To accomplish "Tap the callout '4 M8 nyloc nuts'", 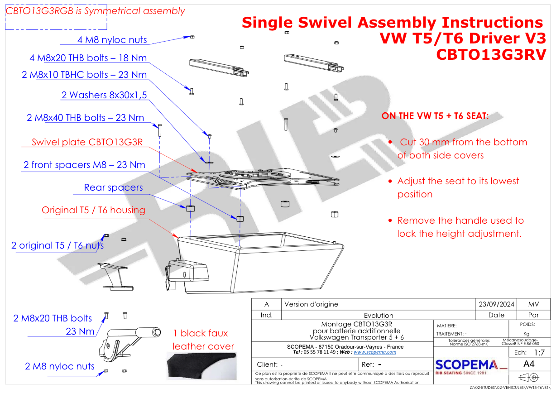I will click(112, 40).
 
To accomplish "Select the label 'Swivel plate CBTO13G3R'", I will click(87, 142).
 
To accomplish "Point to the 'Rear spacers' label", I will click(113, 187).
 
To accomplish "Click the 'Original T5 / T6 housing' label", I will click(93, 210).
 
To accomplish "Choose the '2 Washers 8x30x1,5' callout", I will click(104, 95).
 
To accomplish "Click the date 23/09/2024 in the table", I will click(497, 304).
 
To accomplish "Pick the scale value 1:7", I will click(539, 352).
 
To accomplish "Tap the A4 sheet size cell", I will click(528, 364).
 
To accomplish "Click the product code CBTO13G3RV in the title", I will click(491, 55).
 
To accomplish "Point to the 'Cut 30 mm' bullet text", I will click(462, 149).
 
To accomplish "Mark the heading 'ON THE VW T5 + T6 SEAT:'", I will click(435, 116).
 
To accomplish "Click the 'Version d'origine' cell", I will click(311, 304).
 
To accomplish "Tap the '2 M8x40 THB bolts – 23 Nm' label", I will click(86, 118).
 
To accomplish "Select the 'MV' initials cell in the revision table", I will click(533, 304).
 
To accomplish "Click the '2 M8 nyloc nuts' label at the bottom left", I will click(60, 366).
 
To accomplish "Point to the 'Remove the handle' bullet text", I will click(460, 227).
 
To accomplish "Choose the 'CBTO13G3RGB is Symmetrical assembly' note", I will click(95, 11).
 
